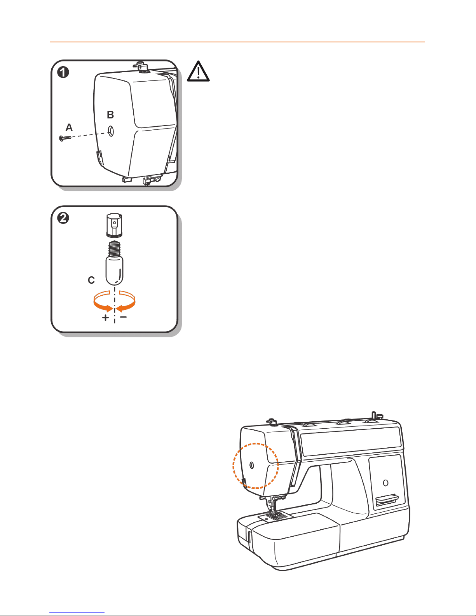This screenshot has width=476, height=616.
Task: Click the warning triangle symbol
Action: (x=198, y=72)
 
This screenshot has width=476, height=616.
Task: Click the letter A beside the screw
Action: (x=69, y=127)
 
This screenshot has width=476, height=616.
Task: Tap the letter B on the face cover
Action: (x=110, y=115)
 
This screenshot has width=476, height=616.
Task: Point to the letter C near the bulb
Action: (x=91, y=280)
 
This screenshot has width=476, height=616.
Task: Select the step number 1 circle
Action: (x=63, y=72)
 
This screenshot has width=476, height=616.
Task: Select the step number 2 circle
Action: (x=63, y=218)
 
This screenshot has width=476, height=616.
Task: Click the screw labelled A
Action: (x=65, y=138)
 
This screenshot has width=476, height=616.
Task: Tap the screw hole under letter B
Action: (x=111, y=131)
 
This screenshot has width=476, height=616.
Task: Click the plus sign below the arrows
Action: (x=105, y=318)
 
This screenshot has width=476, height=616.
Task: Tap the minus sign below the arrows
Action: (x=123, y=317)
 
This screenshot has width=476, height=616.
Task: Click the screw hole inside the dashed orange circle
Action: (x=252, y=465)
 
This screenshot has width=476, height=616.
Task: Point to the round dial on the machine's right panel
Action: (x=385, y=483)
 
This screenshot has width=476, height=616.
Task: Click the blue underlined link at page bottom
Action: (x=77, y=613)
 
